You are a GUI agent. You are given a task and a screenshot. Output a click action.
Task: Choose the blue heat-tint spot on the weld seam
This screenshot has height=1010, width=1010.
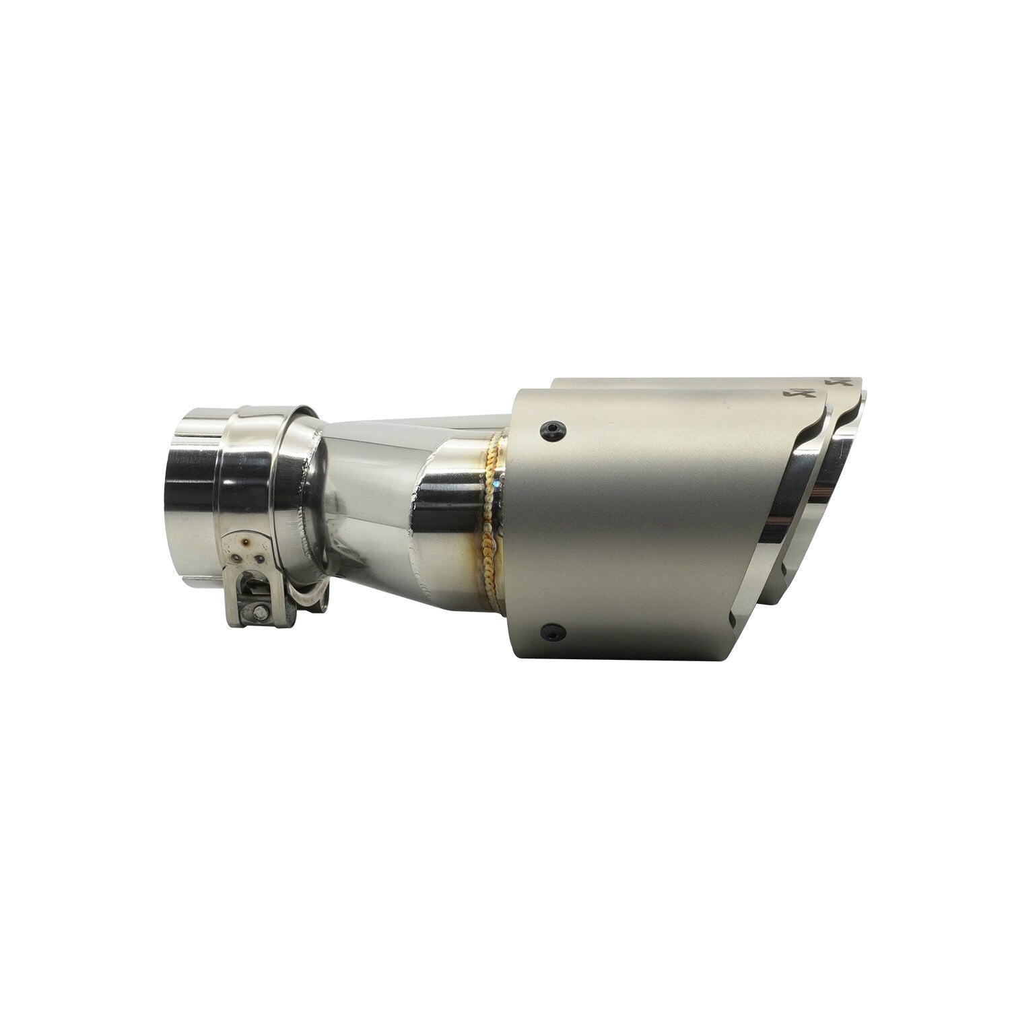click(496, 483)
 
